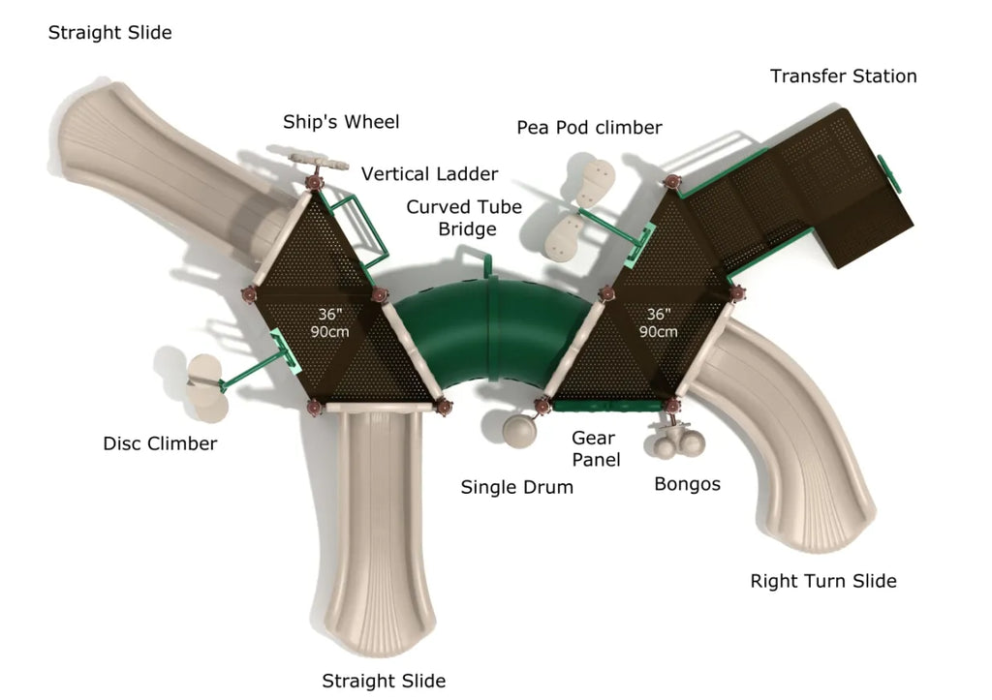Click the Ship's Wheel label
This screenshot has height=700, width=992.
point(341,122)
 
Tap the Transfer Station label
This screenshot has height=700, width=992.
point(843,76)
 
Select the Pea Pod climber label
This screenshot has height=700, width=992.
point(589,128)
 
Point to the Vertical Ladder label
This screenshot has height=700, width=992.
point(429,174)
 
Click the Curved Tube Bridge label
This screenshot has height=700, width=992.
point(464,218)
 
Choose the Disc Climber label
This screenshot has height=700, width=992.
point(160,444)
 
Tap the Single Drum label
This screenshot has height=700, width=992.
point(516,487)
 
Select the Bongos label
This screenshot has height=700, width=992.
point(687,484)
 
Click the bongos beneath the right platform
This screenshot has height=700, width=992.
point(679,442)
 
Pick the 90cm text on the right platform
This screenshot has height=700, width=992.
point(659,331)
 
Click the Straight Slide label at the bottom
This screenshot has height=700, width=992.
point(384,681)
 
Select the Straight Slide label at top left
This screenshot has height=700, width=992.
point(109,33)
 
